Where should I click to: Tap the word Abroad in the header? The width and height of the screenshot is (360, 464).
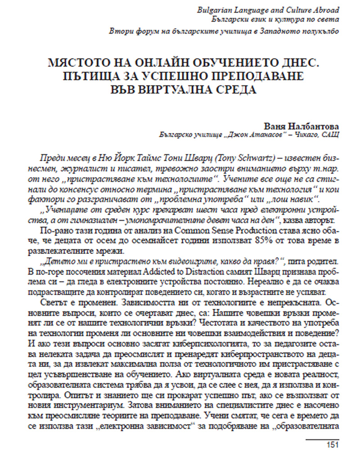[x=326, y=9]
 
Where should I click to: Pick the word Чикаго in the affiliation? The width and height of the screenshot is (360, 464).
[x=305, y=134]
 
